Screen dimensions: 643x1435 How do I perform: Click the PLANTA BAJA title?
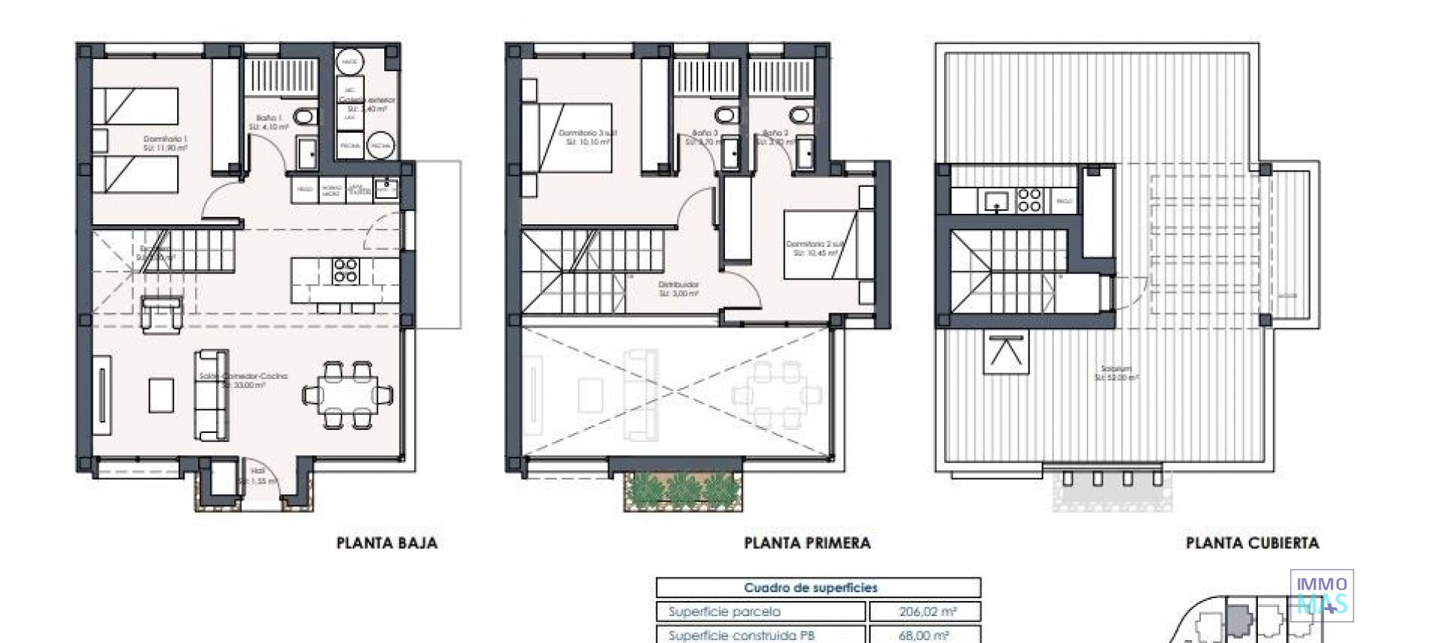[386, 543]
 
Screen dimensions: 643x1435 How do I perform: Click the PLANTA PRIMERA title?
[807, 543]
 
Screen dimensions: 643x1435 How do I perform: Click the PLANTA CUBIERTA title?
[1252, 543]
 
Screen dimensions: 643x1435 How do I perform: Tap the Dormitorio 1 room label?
[165, 143]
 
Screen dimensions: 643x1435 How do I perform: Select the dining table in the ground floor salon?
[348, 394]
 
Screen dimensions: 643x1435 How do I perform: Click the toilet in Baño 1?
[303, 117]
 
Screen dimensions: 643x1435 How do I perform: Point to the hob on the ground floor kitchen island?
[345, 270]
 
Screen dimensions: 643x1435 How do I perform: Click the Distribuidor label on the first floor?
[679, 289]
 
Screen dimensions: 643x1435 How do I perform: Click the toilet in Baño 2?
[799, 115]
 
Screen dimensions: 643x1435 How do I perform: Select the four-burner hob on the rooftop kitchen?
[1029, 200]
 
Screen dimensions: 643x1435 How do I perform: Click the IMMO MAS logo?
[1321, 596]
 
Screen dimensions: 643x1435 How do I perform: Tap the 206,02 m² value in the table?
[927, 612]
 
